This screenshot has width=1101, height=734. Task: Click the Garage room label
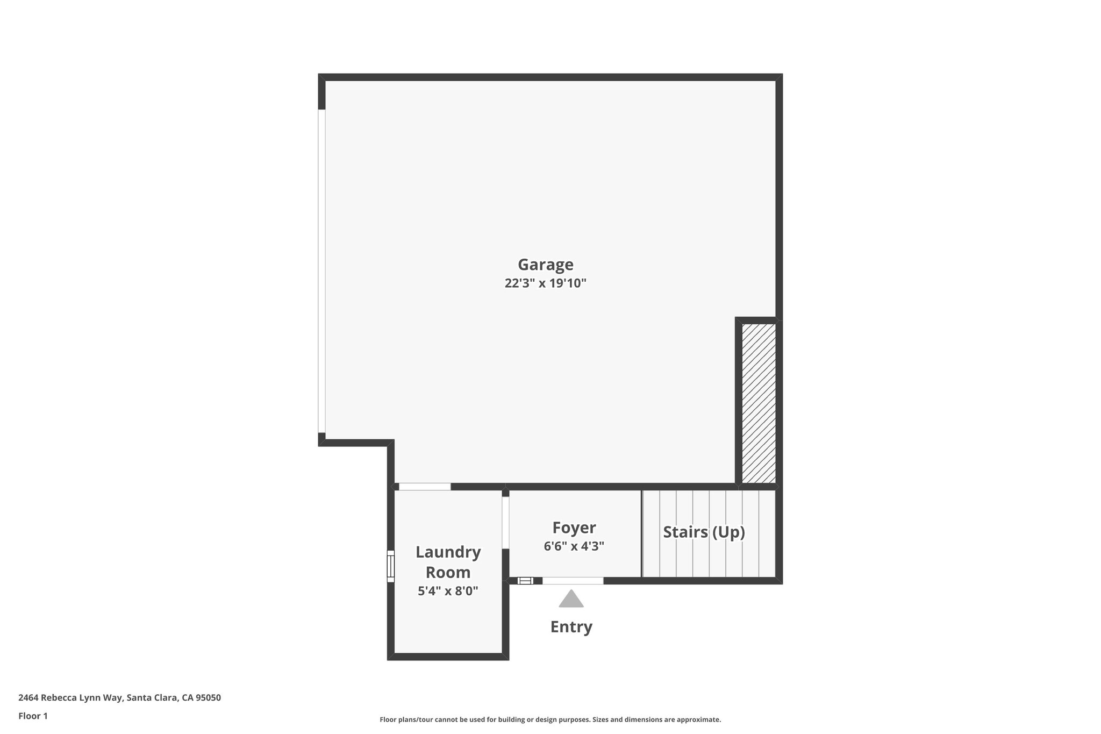click(x=545, y=265)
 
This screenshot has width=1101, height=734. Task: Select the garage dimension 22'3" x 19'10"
click(x=545, y=283)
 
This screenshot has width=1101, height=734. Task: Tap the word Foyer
click(x=574, y=528)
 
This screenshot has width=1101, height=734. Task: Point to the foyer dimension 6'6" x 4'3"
click(x=574, y=546)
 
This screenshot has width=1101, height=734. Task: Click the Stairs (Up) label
click(x=704, y=532)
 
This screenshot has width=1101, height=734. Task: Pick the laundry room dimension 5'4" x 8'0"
click(x=448, y=591)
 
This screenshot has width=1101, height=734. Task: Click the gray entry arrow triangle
click(x=571, y=600)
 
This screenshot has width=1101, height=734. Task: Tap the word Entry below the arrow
click(x=571, y=627)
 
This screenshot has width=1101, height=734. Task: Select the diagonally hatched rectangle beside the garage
click(x=759, y=403)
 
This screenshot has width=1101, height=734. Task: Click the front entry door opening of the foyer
click(x=573, y=581)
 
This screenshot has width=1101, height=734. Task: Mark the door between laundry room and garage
click(x=425, y=487)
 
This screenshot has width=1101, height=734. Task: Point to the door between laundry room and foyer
click(x=505, y=522)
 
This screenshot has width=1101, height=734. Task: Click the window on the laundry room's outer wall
click(x=391, y=566)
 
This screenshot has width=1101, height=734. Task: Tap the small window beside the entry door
click(x=525, y=581)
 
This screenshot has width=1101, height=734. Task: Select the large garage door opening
click(x=321, y=271)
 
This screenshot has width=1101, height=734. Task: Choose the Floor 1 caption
click(x=33, y=716)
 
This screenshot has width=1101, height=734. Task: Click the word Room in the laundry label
click(x=448, y=572)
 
